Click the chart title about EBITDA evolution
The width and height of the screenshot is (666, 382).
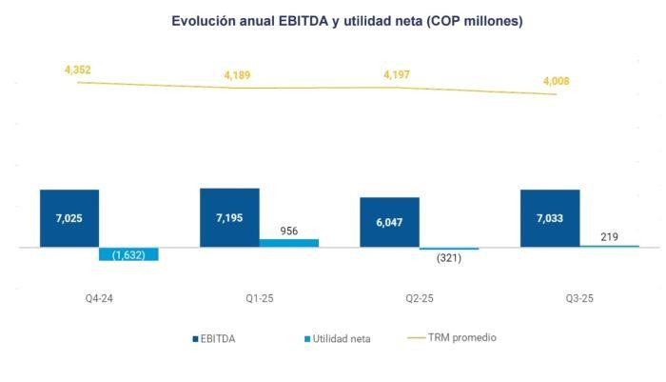point(346,20)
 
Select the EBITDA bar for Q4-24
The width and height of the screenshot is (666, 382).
point(69,218)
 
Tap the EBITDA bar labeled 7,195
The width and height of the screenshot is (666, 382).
point(229,217)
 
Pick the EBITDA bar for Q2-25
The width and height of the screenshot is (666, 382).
point(389,222)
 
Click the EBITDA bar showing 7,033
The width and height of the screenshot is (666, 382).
point(549,218)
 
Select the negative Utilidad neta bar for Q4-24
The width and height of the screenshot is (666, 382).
point(128,254)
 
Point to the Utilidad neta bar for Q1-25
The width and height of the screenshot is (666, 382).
point(288,243)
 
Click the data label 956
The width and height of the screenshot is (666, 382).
point(288,230)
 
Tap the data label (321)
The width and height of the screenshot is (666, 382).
point(448,258)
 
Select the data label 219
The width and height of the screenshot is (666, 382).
point(609,235)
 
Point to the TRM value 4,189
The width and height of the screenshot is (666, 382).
point(237,75)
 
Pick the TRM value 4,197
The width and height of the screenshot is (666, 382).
point(397,74)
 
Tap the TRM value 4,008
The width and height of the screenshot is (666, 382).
point(557,82)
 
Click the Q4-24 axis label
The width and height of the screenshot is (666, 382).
point(99,297)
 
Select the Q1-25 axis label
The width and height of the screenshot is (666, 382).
point(259,297)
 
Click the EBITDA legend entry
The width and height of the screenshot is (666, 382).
point(217,338)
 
